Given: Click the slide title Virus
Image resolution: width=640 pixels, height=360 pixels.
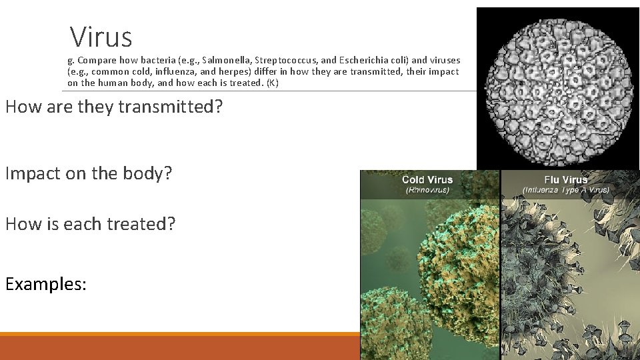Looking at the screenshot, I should [x=101, y=37].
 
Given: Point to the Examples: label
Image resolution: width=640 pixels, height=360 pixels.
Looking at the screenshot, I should [x=46, y=283].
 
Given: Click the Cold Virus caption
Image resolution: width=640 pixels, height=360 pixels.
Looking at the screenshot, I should [x=427, y=179].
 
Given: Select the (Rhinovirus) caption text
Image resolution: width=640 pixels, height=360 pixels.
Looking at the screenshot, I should [x=427, y=190].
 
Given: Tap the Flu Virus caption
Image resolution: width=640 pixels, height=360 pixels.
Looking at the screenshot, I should [x=566, y=179].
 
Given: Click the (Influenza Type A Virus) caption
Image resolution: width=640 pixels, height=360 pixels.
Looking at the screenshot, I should [x=566, y=190].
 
